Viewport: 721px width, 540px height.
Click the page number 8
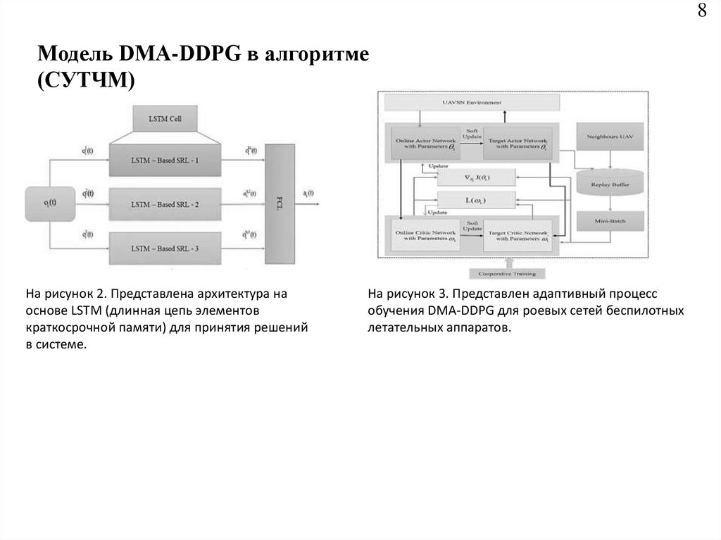pos(702,12)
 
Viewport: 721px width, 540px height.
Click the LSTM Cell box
pos(165,119)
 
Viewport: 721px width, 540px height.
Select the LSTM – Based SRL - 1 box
pos(165,160)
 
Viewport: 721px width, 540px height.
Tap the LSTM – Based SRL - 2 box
pos(165,204)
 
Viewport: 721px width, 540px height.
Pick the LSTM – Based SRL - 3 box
pos(165,248)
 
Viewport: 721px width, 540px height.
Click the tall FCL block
pos(280,202)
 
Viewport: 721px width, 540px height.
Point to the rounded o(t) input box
pos(51,204)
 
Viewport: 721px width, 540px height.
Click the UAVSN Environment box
pos(470,102)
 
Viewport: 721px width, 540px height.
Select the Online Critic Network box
pos(424,234)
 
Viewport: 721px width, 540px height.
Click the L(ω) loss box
pos(476,201)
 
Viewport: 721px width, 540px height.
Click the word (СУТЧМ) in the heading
pos(84,81)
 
